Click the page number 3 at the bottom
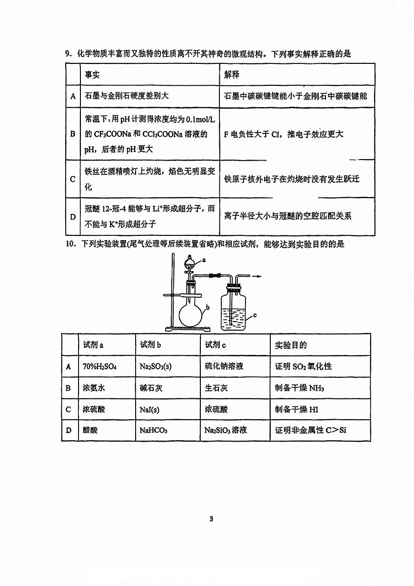211,519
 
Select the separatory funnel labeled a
190,261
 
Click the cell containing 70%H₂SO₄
99,366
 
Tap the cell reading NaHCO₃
153,430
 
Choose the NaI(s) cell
149,409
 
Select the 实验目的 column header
291,345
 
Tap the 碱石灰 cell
151,388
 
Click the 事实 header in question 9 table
92,75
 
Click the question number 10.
70,244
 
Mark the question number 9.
68,54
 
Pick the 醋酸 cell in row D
90,430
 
